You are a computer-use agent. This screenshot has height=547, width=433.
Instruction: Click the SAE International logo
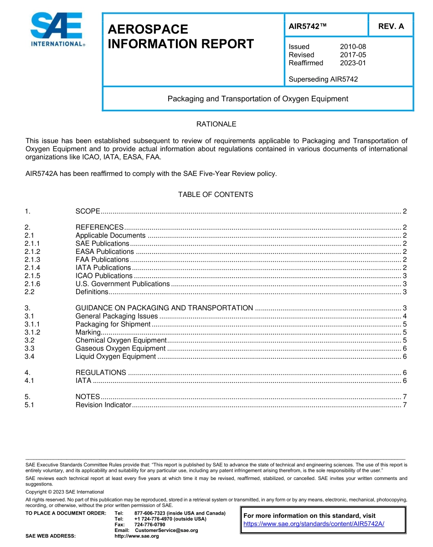point(57,30)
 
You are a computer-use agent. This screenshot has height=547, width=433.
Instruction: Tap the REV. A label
point(391,26)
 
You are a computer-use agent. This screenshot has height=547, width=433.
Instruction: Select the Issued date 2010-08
point(353,46)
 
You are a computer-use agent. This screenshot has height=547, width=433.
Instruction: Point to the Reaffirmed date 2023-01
point(353,63)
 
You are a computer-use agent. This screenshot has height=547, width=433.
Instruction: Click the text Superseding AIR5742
point(323,79)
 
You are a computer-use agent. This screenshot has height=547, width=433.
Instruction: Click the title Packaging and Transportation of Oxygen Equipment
point(258,98)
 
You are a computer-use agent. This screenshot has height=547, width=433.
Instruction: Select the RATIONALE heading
point(216,124)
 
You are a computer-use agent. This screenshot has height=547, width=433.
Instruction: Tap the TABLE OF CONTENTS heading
point(216,195)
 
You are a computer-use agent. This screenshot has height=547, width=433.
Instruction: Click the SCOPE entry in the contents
point(88,211)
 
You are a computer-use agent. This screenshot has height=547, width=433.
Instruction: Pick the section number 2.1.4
point(33,268)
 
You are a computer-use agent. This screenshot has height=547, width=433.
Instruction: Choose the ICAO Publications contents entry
point(104,276)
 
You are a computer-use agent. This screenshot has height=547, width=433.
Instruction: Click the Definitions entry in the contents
point(92,292)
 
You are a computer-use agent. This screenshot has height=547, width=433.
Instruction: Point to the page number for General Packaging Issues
point(404,316)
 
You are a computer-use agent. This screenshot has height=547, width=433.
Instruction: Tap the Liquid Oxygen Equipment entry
point(116,356)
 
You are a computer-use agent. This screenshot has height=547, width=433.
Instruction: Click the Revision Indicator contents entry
point(103,405)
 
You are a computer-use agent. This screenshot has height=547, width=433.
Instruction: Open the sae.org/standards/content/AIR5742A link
point(314,524)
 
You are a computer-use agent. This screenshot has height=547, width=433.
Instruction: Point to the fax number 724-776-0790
point(150,525)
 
